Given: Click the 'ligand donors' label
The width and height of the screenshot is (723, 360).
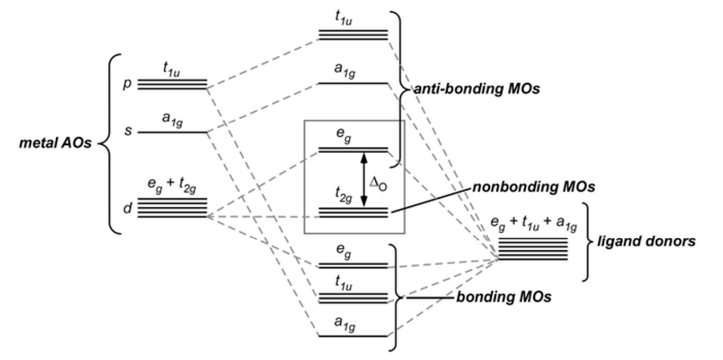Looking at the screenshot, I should coord(655,241).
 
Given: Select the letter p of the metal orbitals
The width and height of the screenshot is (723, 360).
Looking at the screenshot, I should coord(127,84).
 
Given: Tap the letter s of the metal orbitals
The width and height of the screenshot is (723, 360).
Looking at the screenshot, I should coord(127,130).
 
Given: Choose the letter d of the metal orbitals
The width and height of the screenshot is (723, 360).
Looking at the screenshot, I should coord(127,209).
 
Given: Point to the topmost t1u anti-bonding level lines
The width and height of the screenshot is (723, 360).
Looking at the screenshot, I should coord(353,35).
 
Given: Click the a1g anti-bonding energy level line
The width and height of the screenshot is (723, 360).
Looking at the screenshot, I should coord(353,83).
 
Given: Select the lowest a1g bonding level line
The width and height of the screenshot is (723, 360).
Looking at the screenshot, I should coord(353,336).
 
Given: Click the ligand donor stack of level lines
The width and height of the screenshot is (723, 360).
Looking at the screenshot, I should coord(533,249).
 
